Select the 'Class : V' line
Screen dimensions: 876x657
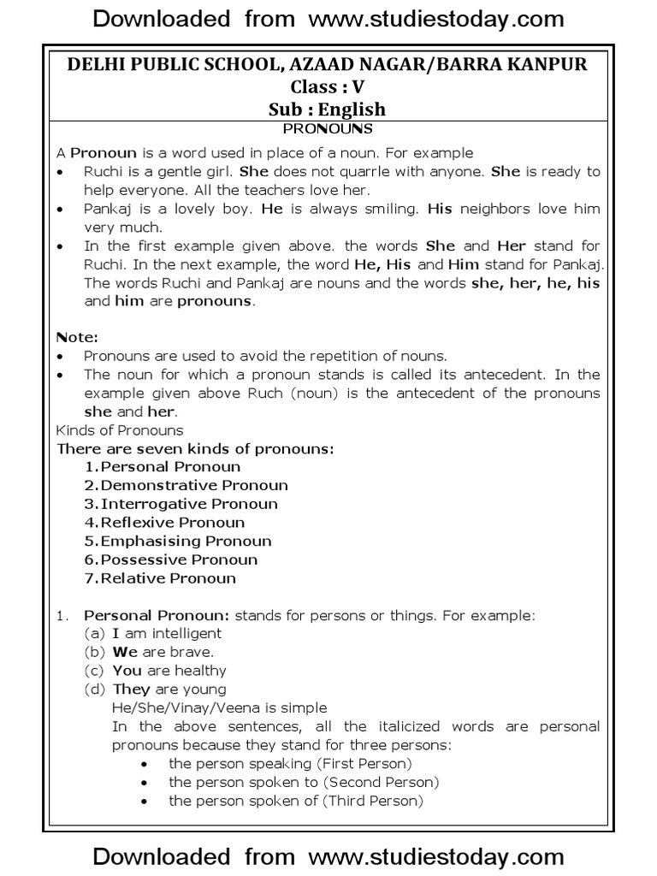tap(328, 88)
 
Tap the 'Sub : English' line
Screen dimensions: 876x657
tap(328, 109)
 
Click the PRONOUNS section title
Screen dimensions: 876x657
tap(328, 129)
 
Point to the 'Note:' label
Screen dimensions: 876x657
tap(76, 338)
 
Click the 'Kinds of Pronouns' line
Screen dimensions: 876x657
tap(119, 430)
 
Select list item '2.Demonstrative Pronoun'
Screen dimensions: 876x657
tap(186, 486)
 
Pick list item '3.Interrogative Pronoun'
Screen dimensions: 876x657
tap(181, 504)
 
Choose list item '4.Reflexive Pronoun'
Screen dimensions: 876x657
tap(164, 523)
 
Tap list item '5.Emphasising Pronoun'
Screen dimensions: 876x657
tap(178, 542)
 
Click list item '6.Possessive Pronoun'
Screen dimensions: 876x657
tap(171, 559)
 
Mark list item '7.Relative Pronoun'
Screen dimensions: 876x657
tap(160, 578)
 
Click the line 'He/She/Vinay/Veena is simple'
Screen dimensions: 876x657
tap(219, 708)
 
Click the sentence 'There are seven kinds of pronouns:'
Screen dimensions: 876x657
tap(194, 448)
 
